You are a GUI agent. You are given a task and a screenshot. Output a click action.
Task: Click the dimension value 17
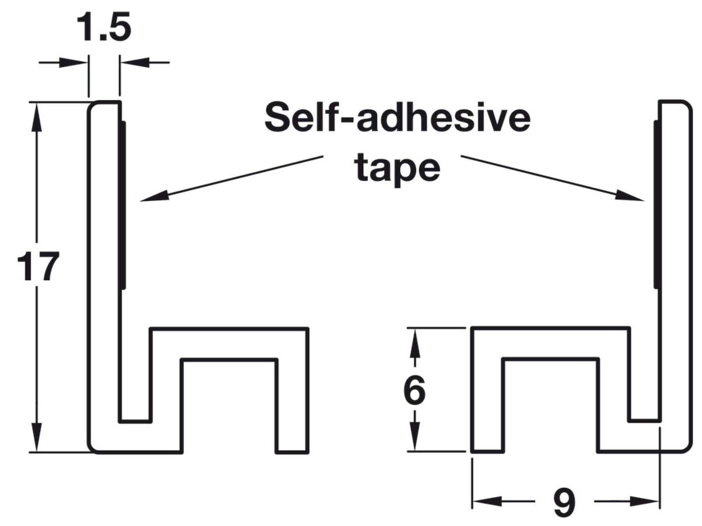(x=38, y=267)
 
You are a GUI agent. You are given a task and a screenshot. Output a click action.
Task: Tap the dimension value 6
(x=414, y=390)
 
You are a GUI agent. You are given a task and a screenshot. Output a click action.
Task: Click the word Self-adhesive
(x=397, y=117)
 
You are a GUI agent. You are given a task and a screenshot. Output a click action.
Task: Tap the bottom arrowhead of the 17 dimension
(x=37, y=438)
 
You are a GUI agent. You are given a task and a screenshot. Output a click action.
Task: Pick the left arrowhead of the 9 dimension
(x=486, y=501)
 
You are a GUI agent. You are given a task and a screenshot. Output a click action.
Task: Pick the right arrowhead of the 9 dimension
(x=645, y=501)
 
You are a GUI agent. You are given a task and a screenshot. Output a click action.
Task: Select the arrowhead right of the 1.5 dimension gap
(x=135, y=62)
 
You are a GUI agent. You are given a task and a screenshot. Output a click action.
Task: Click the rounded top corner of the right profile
(x=687, y=106)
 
